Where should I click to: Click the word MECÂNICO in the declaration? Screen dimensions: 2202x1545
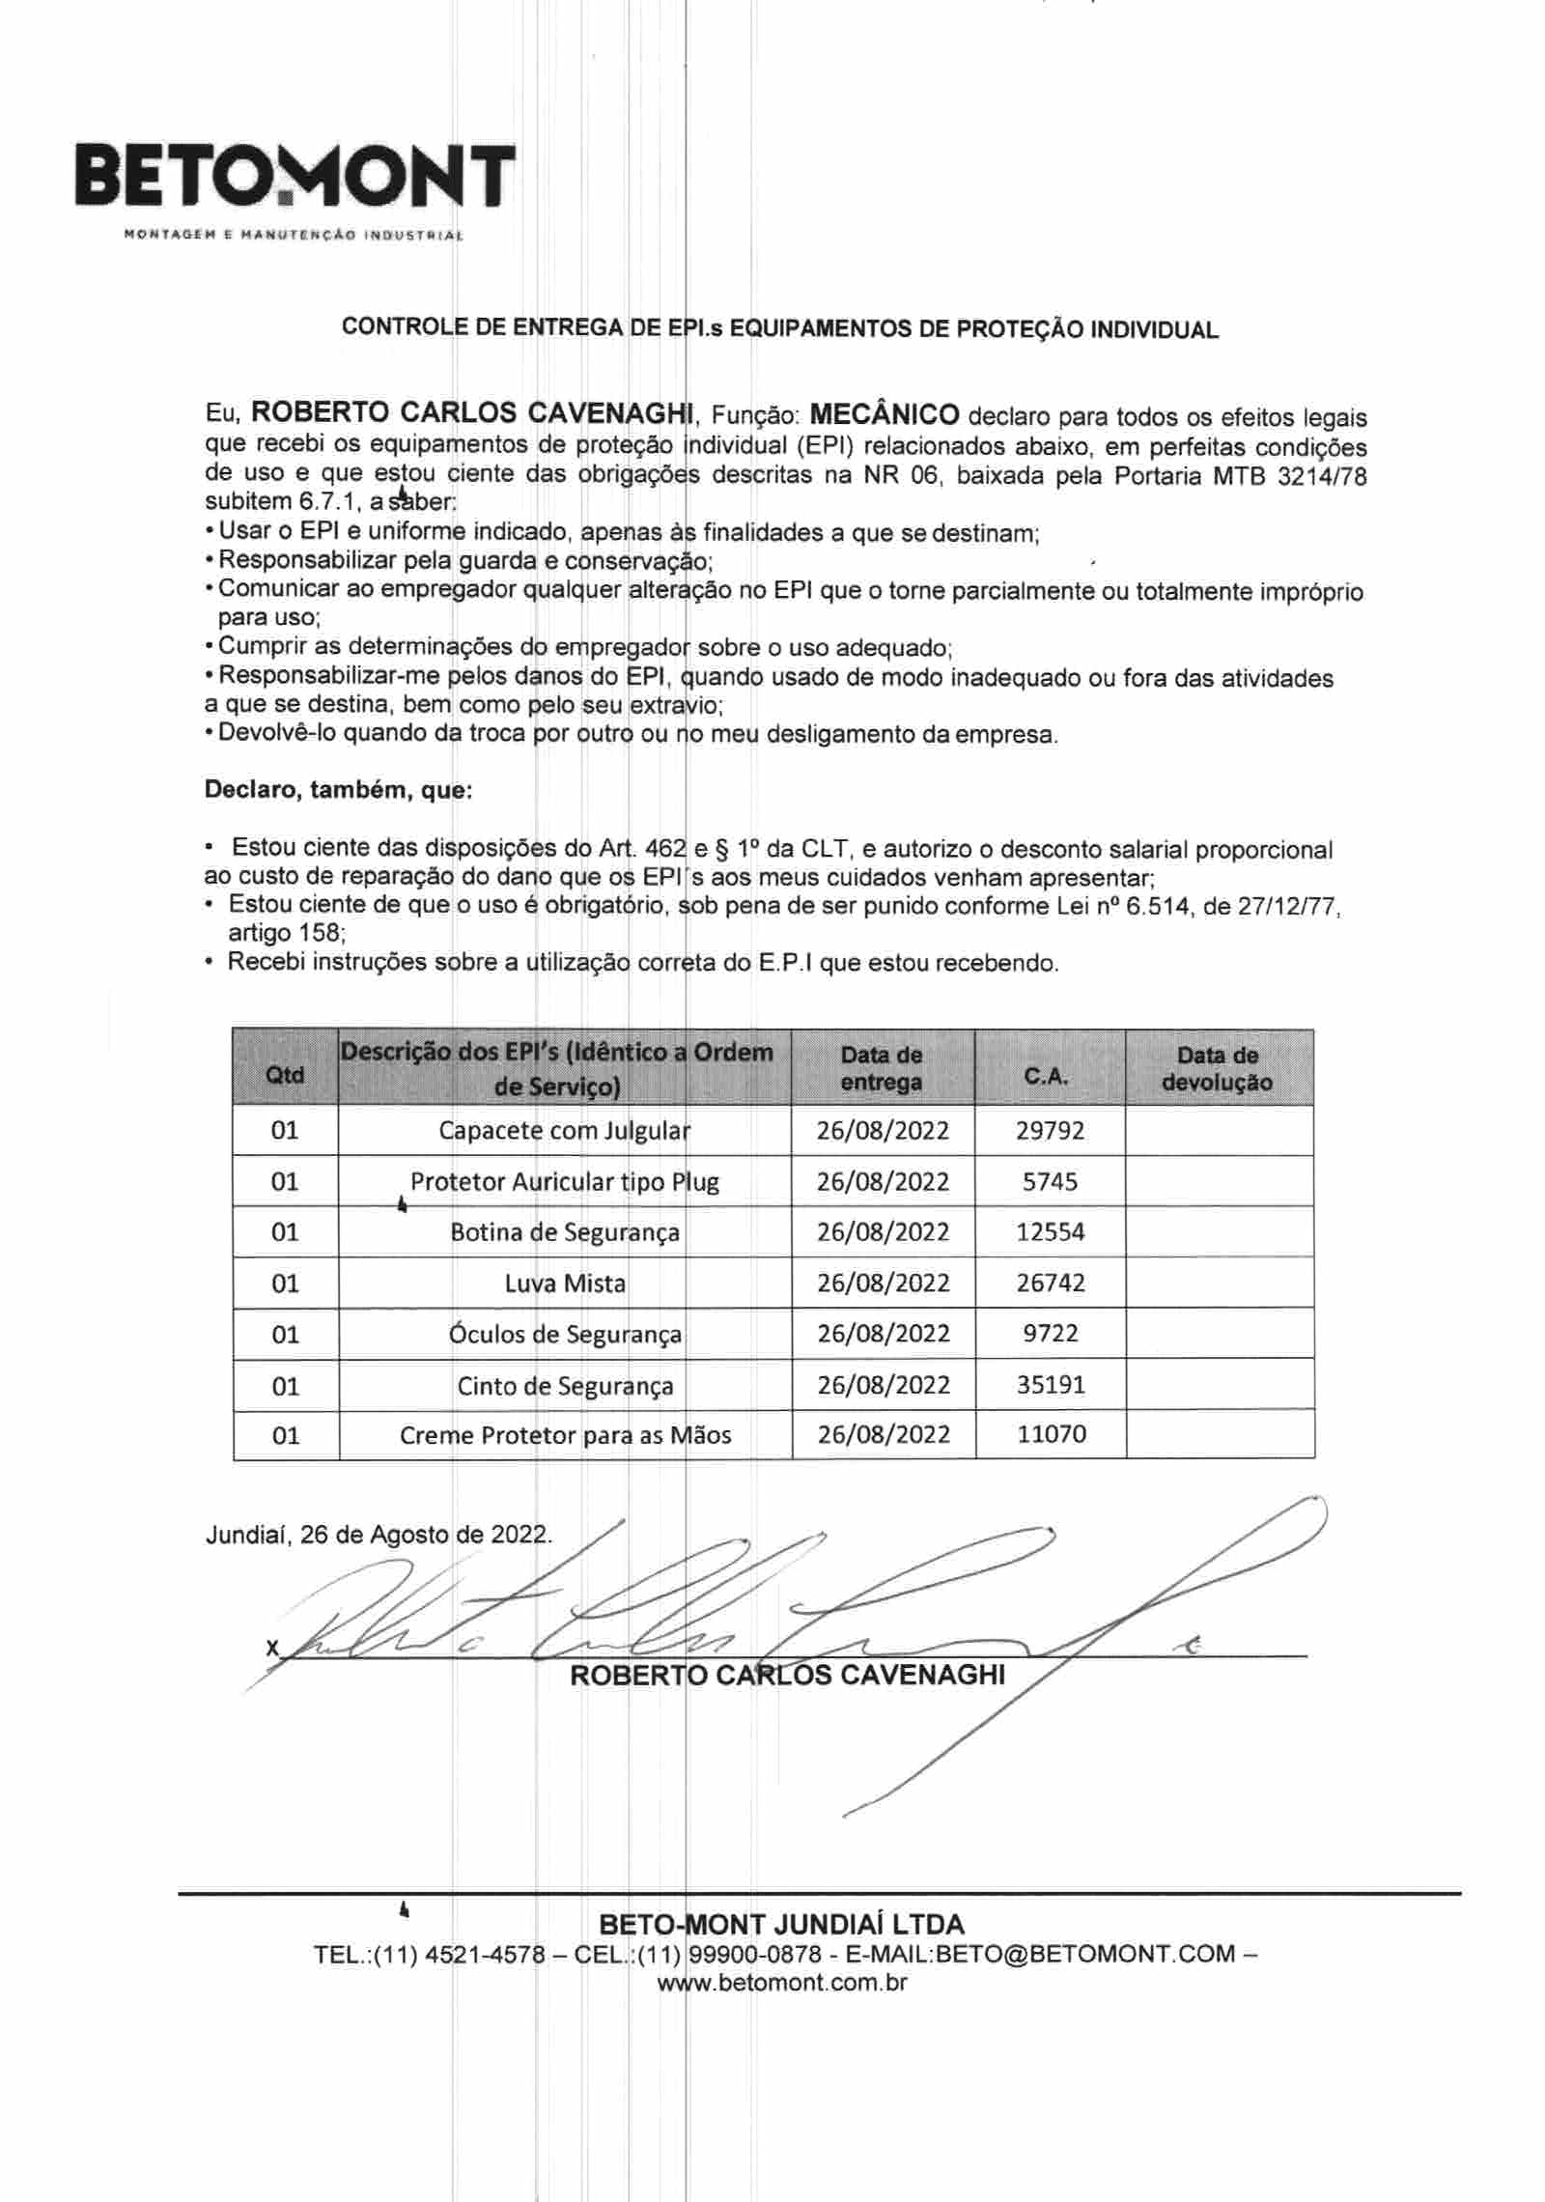[x=884, y=414]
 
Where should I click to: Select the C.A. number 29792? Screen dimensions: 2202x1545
[x=1050, y=1130]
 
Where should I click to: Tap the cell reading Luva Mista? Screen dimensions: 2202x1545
[x=565, y=1284]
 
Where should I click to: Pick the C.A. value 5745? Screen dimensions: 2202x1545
[x=1050, y=1181]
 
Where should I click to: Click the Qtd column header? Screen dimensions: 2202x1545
[x=285, y=1075]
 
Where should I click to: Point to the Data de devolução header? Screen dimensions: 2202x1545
[x=1217, y=1068]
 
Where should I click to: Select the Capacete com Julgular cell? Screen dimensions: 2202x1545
[x=565, y=1130]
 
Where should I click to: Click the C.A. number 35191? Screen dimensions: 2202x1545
[x=1051, y=1385]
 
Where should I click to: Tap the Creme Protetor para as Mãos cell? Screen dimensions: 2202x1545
[x=565, y=1435]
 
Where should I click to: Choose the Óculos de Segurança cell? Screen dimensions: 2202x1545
[x=565, y=1335]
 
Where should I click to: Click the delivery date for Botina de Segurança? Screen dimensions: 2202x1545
[x=883, y=1232]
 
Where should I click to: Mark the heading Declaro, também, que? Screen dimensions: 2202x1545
[x=338, y=791]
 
